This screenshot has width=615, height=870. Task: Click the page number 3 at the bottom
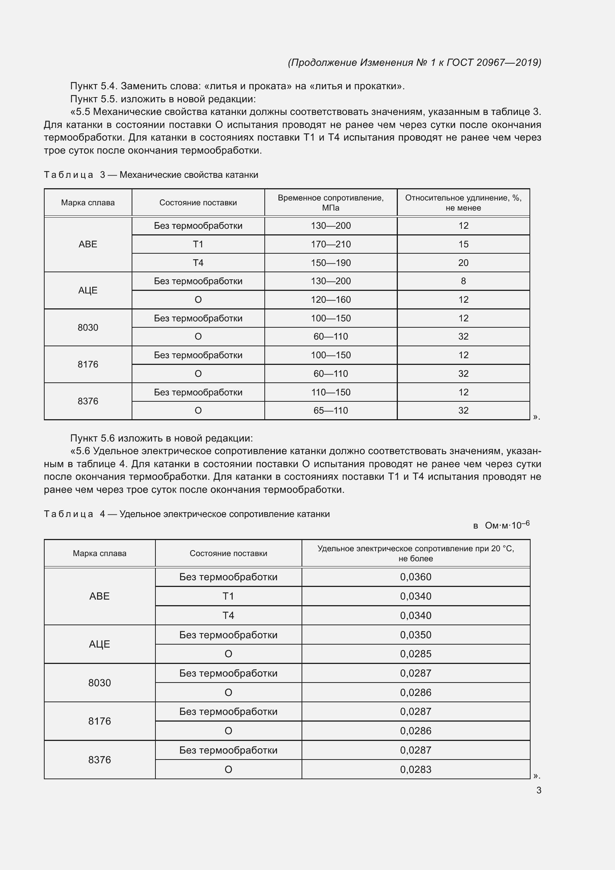(x=538, y=790)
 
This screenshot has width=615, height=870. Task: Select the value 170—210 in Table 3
(x=331, y=244)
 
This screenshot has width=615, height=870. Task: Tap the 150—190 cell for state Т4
(x=331, y=263)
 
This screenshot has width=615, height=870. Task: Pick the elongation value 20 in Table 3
(x=463, y=263)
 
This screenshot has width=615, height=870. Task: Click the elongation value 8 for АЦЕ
(x=463, y=281)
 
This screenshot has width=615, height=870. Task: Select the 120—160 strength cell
(x=331, y=300)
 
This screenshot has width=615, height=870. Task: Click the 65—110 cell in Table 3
(x=331, y=410)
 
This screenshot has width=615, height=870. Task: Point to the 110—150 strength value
(x=331, y=392)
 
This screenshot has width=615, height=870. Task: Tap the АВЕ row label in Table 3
(x=88, y=244)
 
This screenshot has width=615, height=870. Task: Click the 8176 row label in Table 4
(x=100, y=721)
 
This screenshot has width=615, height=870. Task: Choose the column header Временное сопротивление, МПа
(x=331, y=203)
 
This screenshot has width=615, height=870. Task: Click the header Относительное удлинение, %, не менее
(x=463, y=203)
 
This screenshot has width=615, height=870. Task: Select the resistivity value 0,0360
(x=415, y=577)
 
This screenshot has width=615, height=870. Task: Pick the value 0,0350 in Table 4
(x=415, y=635)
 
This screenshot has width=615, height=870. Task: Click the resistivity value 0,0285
(x=415, y=654)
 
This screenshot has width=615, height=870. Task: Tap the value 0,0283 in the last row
(x=415, y=769)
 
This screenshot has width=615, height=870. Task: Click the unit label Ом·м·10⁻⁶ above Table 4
(x=507, y=526)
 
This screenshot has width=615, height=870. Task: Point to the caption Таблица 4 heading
(x=186, y=514)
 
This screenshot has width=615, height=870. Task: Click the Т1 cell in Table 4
(x=228, y=596)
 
